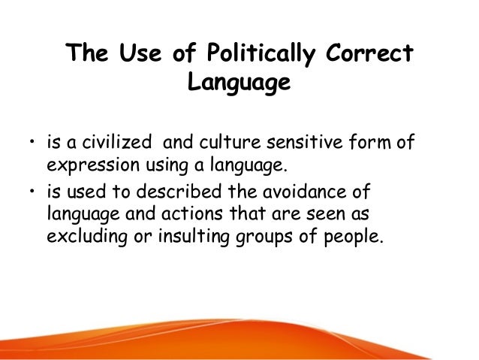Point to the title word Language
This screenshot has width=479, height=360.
(238, 83)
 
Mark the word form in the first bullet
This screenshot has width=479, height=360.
(375, 144)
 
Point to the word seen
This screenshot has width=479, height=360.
(316, 213)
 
